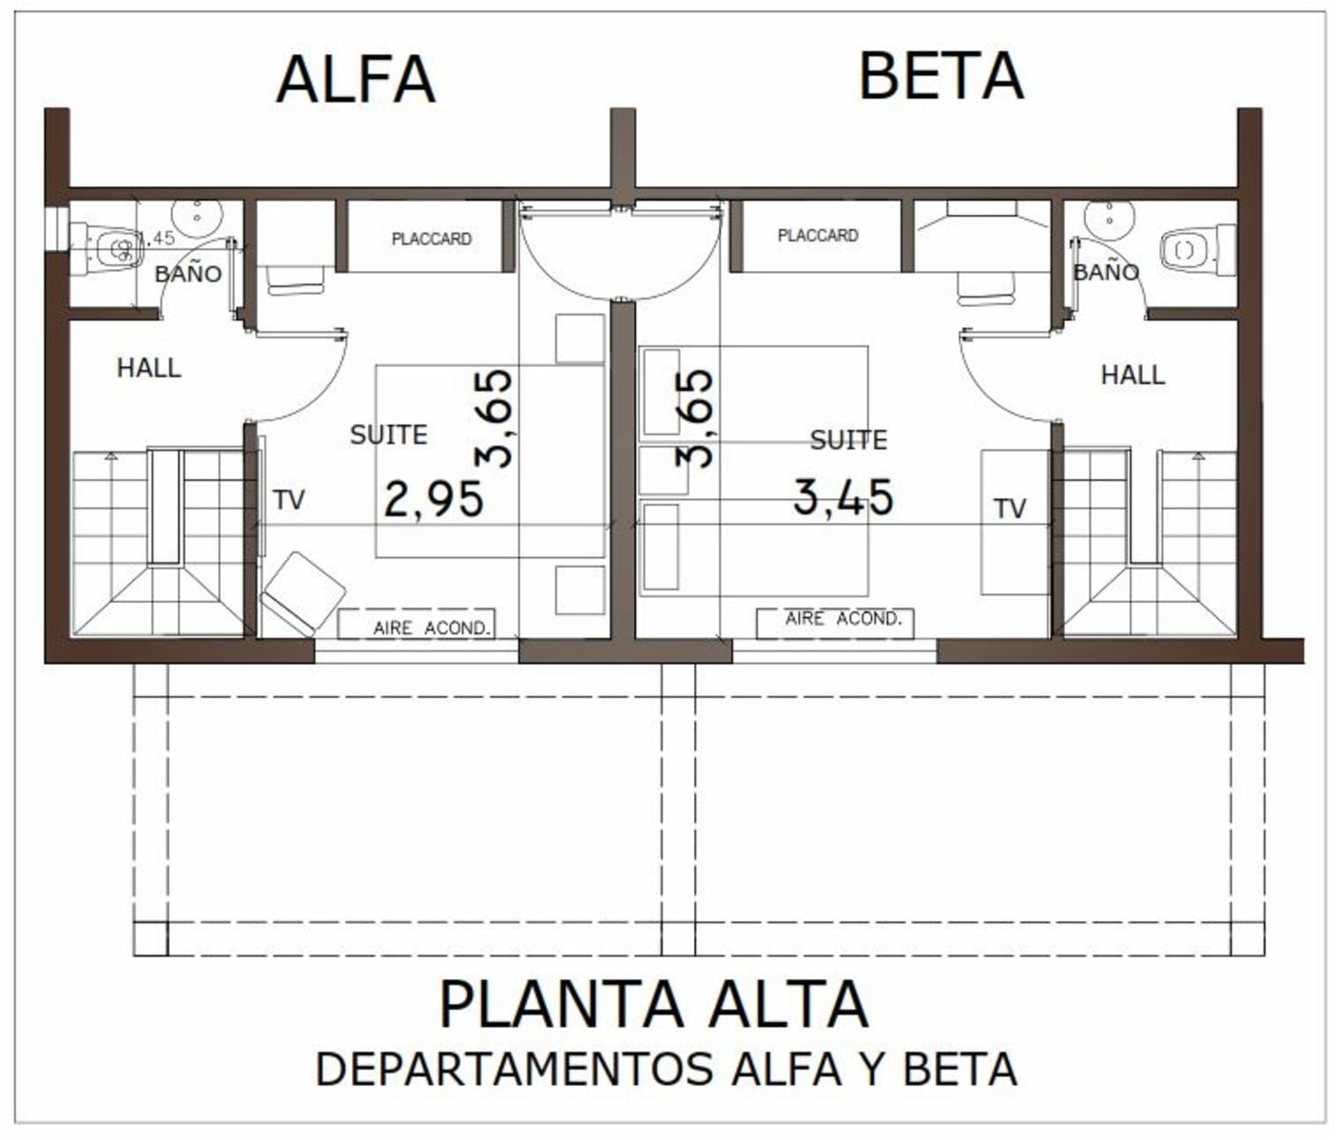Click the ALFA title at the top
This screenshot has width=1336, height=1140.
click(357, 80)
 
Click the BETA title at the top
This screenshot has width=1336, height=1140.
click(941, 76)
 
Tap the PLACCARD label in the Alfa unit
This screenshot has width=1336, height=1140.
click(432, 239)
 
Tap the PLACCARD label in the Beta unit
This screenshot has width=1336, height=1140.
click(818, 235)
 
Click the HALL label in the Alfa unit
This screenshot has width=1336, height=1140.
click(148, 368)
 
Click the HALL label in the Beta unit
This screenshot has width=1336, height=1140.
click(1133, 375)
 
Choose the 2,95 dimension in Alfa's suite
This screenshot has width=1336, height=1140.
click(434, 499)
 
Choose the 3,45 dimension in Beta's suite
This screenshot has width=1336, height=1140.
click(843, 496)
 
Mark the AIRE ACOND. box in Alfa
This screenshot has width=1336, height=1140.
click(416, 625)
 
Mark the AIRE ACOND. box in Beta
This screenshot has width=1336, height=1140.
click(835, 623)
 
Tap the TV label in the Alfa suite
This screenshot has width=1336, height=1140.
click(288, 500)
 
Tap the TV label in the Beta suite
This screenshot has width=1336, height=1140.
click(1010, 509)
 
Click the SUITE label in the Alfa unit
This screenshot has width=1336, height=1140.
click(389, 435)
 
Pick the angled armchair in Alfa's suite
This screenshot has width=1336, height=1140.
click(301, 594)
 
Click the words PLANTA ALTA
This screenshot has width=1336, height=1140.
click(653, 1004)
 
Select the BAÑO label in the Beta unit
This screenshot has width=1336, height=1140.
click(1105, 271)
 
